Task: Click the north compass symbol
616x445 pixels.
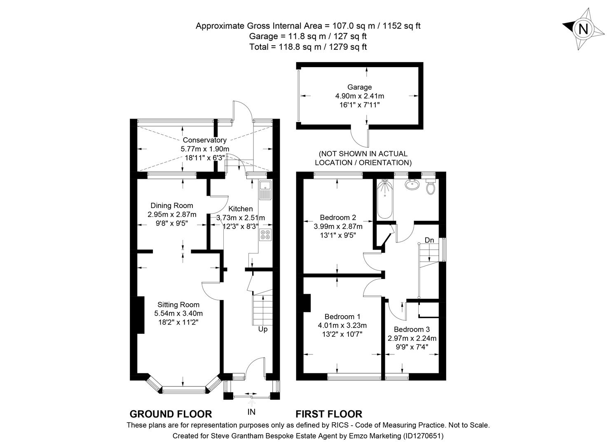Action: (x=583, y=29)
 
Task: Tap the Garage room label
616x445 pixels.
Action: (x=359, y=87)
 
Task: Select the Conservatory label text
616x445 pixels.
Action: (x=204, y=140)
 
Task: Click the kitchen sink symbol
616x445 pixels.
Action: (x=265, y=190)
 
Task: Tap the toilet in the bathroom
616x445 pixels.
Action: (x=431, y=188)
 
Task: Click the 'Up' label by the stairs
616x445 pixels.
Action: (x=262, y=329)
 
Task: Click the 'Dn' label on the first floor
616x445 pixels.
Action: (x=429, y=240)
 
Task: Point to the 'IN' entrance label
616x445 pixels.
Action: (x=251, y=412)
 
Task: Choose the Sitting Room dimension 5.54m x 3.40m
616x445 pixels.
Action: (x=178, y=313)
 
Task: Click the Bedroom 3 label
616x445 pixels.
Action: (x=412, y=329)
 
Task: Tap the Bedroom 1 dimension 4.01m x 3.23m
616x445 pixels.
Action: (x=342, y=325)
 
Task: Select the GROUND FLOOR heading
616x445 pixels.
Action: (x=171, y=414)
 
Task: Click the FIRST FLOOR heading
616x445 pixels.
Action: (x=329, y=414)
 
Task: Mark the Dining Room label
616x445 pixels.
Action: (x=171, y=205)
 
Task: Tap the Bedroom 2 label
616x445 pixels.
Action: (x=338, y=217)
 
